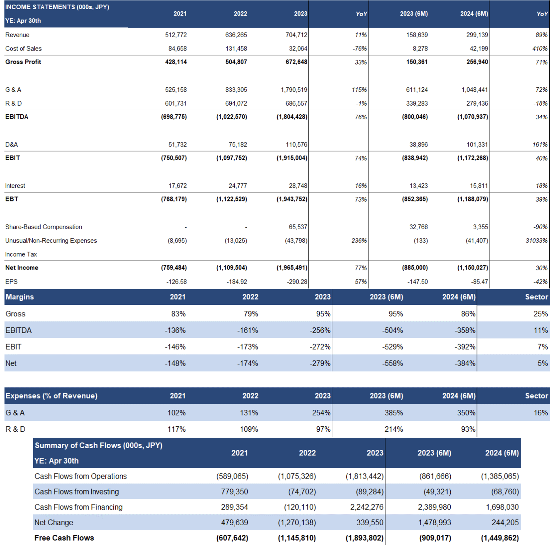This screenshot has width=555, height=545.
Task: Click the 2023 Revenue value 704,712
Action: [x=296, y=35]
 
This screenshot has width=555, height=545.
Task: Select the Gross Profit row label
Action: [x=23, y=62]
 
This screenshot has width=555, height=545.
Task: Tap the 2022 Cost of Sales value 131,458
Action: [x=236, y=49]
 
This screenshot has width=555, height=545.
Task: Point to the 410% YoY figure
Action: [x=540, y=49]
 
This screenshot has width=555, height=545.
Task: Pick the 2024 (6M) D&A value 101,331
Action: [x=477, y=145]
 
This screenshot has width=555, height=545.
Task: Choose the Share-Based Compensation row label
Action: [x=44, y=227]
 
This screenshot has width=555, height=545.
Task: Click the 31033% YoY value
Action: [x=537, y=241]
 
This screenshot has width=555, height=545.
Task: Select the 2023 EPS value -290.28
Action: [x=297, y=282]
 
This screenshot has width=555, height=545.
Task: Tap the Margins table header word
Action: [x=20, y=297]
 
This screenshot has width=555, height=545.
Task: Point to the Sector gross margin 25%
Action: [x=541, y=314]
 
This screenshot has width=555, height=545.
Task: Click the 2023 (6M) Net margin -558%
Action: [x=392, y=363]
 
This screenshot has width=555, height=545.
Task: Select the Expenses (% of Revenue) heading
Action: [x=52, y=396]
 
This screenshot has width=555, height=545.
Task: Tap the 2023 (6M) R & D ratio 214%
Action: [x=394, y=429]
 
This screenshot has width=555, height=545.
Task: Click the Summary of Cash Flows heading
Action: [x=99, y=445]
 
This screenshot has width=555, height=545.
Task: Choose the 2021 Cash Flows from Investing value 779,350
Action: [x=235, y=491]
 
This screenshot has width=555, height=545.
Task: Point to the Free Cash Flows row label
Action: [x=64, y=538]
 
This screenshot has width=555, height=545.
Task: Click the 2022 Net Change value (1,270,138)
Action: [x=297, y=522]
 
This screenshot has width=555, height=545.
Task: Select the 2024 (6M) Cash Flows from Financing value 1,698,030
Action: [x=502, y=507]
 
